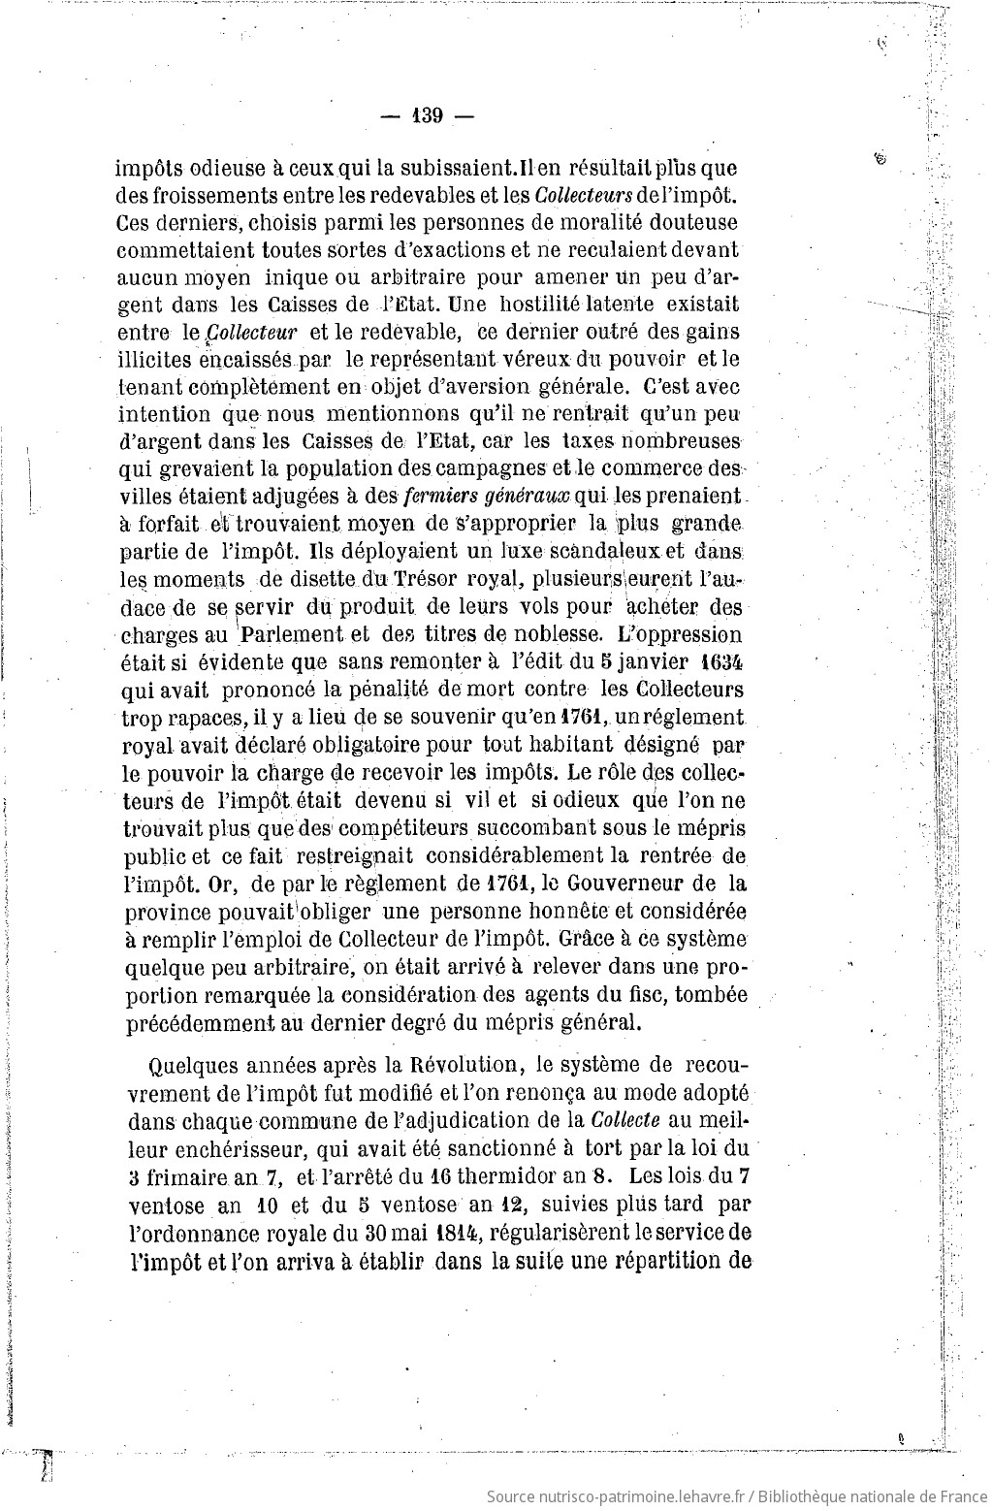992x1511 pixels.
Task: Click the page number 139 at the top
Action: click(x=428, y=116)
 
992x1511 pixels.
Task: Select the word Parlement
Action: click(x=291, y=636)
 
